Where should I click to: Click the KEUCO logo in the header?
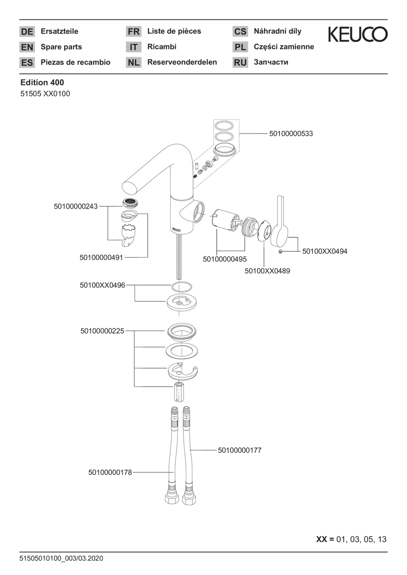pos(357,34)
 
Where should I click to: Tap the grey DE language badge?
pos(27,31)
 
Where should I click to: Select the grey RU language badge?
pos(240,62)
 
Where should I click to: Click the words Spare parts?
pos(61,47)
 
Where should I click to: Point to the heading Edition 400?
pos(42,82)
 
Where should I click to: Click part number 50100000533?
pos(291,134)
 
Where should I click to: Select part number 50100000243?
pos(76,206)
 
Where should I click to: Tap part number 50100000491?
pos(101,258)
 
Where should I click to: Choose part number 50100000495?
pos(225,259)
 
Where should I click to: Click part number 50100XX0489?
pos(267,271)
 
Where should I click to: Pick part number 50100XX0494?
pos(325,251)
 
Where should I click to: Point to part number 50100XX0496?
pos(102,285)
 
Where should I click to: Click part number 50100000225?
pos(102,331)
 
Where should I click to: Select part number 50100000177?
pos(240,450)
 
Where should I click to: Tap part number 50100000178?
pos(110,472)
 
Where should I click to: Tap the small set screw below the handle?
pos(280,251)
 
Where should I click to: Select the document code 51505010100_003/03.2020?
pos(61,558)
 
